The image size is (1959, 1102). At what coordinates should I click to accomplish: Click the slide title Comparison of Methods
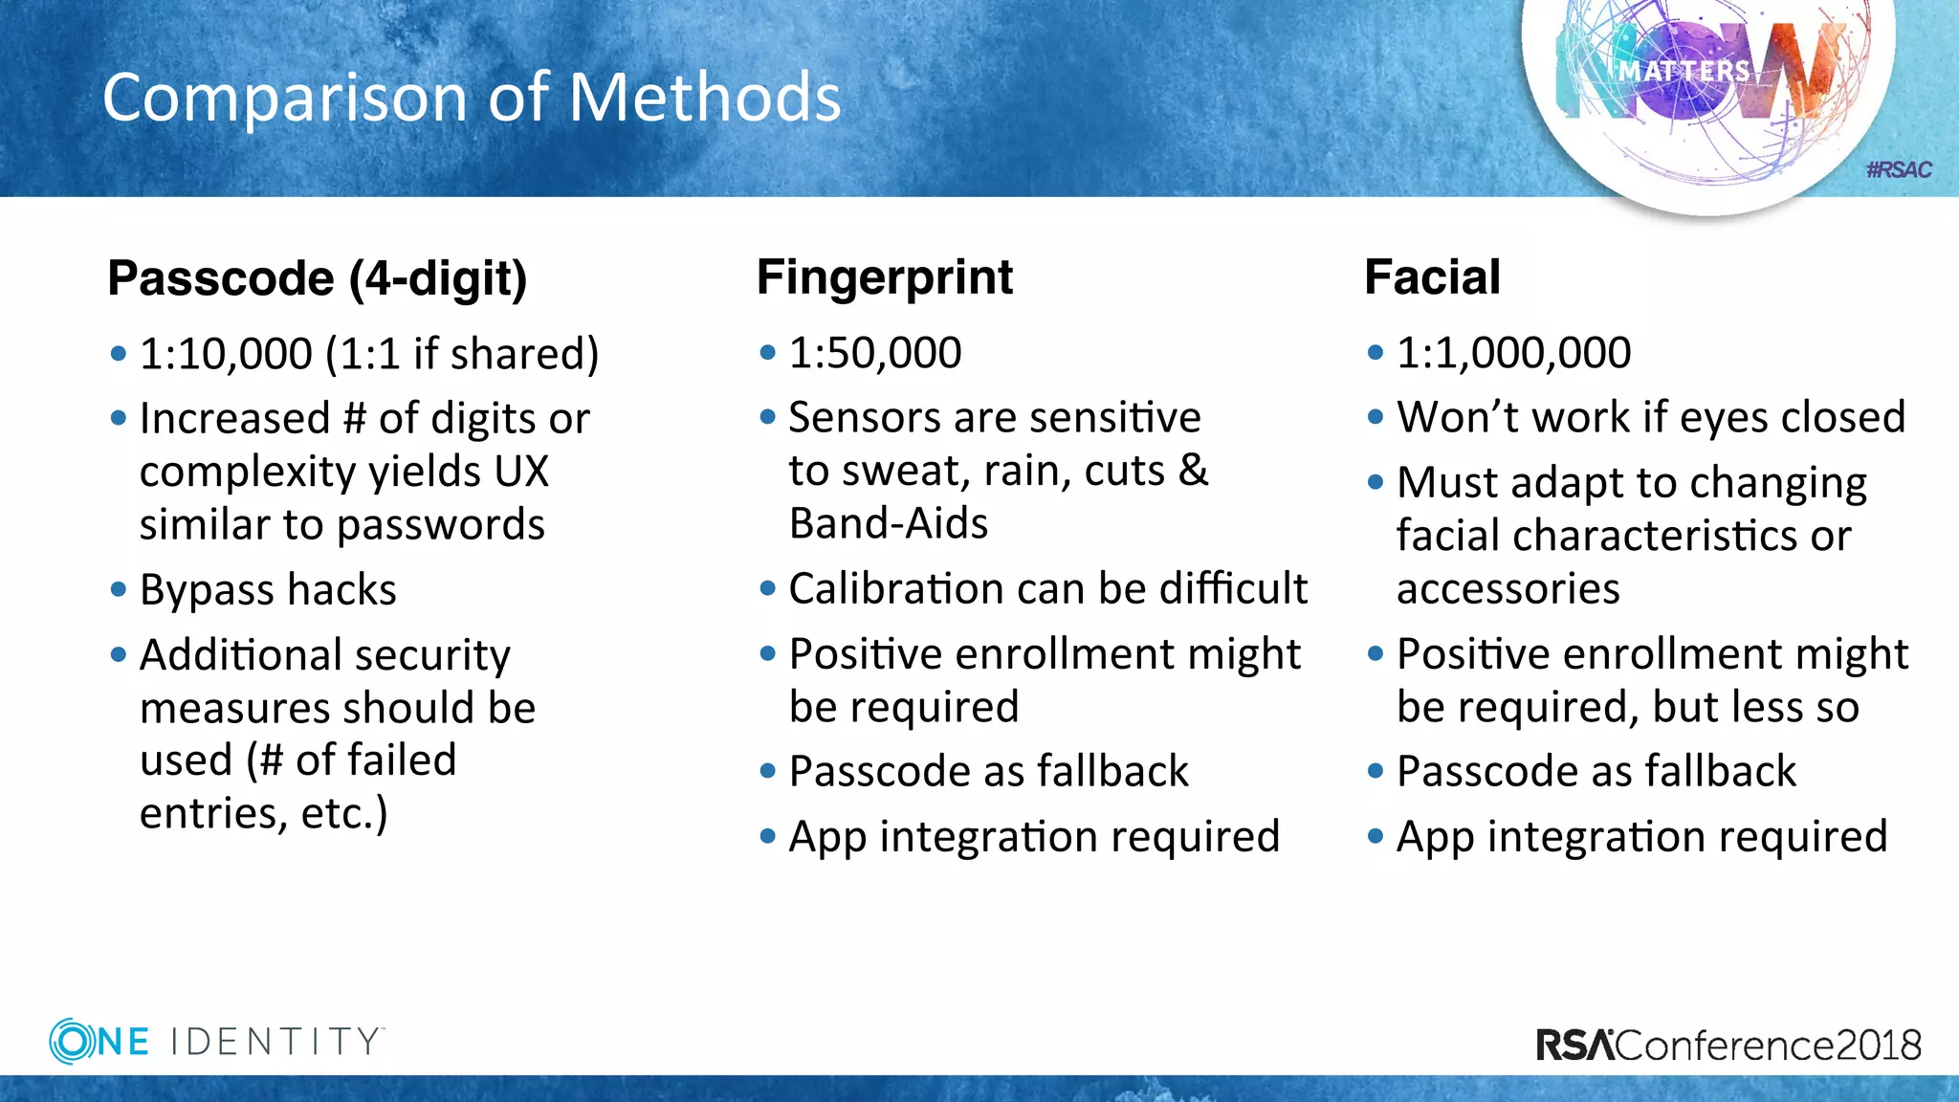pyautogui.click(x=471, y=98)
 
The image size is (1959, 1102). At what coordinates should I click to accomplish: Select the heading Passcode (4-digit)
pyautogui.click(x=317, y=279)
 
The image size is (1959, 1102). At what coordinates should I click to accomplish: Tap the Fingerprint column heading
pyautogui.click(x=884, y=277)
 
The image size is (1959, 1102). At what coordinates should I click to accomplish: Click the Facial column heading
pyautogui.click(x=1432, y=277)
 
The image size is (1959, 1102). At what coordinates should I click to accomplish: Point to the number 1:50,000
pyautogui.click(x=874, y=353)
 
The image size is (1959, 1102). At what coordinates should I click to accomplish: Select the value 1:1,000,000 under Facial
pyautogui.click(x=1513, y=353)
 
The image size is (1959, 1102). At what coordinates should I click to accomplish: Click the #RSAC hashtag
pyautogui.click(x=1899, y=170)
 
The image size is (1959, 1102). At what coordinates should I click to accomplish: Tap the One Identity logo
pyautogui.click(x=216, y=1041)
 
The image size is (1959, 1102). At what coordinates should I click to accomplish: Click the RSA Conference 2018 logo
pyautogui.click(x=1728, y=1045)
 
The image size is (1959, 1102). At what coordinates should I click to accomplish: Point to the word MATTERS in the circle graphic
pyautogui.click(x=1684, y=72)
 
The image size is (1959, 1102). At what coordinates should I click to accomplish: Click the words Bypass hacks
pyautogui.click(x=268, y=590)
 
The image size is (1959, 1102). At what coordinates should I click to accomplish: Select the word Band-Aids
pyautogui.click(x=888, y=524)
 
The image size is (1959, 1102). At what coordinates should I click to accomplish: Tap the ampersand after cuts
pyautogui.click(x=1193, y=470)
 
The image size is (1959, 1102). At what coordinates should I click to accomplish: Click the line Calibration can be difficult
pyautogui.click(x=1047, y=588)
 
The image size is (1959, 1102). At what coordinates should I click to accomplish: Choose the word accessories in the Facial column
pyautogui.click(x=1508, y=588)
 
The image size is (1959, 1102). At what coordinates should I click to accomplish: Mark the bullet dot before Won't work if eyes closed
pyautogui.click(x=1376, y=417)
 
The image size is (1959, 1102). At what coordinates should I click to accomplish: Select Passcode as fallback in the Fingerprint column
pyautogui.click(x=988, y=771)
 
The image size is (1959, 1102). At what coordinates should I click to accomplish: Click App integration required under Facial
pyautogui.click(x=1641, y=836)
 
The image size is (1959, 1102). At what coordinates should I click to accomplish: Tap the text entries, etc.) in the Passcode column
pyautogui.click(x=264, y=813)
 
